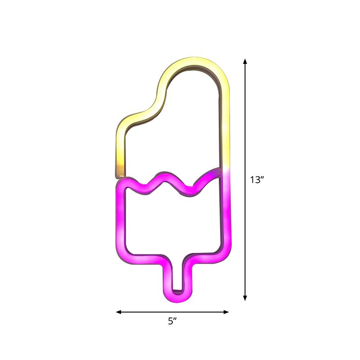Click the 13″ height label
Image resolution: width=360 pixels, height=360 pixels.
[x=256, y=180]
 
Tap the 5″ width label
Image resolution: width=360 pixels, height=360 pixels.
[x=172, y=321]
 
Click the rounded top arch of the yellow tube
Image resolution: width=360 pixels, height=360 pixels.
[x=198, y=63]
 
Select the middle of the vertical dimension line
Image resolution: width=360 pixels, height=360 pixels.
[x=245, y=180]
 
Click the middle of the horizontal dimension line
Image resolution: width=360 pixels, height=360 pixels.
[x=172, y=311]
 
